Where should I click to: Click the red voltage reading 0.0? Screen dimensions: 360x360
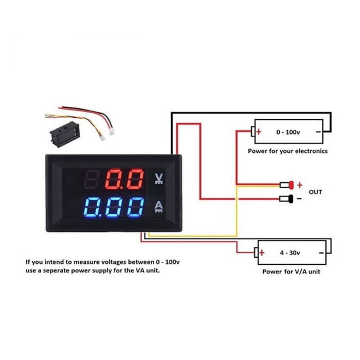click(x=124, y=179)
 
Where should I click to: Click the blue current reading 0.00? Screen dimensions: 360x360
click(x=114, y=208)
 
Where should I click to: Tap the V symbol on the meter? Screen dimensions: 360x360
click(x=159, y=178)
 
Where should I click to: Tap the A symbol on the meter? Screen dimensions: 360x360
click(x=158, y=207)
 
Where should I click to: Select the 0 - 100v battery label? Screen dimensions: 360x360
click(x=288, y=132)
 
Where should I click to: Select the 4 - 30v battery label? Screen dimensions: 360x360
click(x=290, y=253)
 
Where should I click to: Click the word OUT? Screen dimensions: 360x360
click(x=315, y=192)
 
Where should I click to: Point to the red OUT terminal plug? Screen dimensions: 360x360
click(x=286, y=185)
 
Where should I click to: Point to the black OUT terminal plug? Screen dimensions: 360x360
click(x=286, y=199)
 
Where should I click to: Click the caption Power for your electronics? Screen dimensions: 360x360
click(x=287, y=151)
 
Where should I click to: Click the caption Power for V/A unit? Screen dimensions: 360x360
click(x=291, y=272)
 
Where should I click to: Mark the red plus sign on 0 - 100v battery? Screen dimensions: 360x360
click(x=259, y=132)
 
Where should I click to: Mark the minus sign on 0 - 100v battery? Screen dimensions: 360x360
click(x=318, y=132)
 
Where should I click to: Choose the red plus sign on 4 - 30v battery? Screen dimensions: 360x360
click(x=262, y=253)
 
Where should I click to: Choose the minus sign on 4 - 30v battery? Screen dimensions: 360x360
click(x=321, y=253)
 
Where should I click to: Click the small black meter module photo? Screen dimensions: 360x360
click(x=65, y=133)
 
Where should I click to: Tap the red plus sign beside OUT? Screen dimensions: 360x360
click(x=300, y=185)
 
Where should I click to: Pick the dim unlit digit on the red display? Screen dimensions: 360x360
click(x=92, y=179)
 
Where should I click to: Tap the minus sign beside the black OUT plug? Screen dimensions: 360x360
click(x=299, y=199)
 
